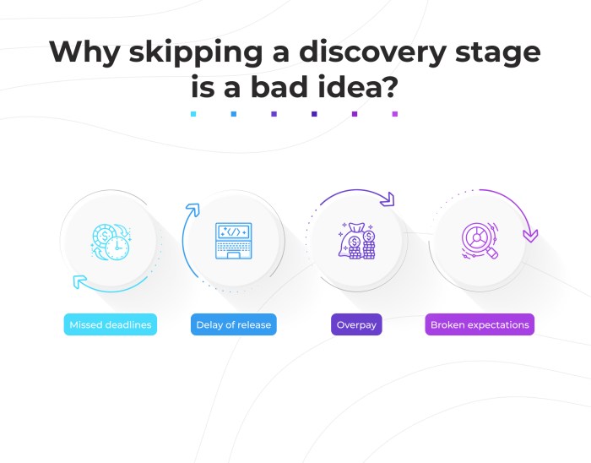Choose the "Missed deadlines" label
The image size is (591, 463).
[x=110, y=324]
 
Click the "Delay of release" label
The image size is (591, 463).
[x=236, y=324]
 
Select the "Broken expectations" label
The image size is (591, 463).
[x=480, y=324]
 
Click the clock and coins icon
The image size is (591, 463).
[x=110, y=240]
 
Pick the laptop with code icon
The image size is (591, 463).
[x=232, y=240]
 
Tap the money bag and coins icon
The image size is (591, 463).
[x=356, y=240]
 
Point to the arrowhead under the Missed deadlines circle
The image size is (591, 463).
[x=78, y=281]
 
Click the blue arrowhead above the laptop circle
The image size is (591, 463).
[x=193, y=208]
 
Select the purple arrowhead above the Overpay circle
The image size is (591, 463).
[x=388, y=200]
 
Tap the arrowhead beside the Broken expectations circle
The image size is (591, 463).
[x=530, y=235]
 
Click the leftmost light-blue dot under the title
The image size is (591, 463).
[x=193, y=113]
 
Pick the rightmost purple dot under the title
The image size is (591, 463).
[x=394, y=113]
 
